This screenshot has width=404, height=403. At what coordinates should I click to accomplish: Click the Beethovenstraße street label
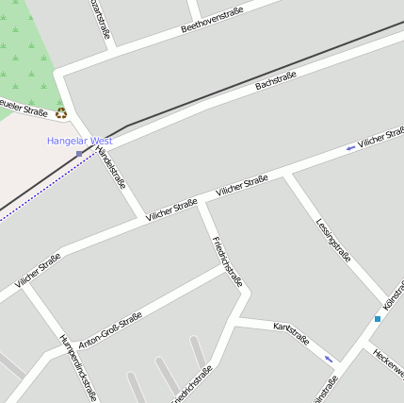212,20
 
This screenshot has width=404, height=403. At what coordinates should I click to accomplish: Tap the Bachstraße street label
276,80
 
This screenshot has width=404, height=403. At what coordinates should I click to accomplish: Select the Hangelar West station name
80,141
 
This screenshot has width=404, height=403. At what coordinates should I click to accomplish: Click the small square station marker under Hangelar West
79,152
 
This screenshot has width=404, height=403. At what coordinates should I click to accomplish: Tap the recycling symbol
61,113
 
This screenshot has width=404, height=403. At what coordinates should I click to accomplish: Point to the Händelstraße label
111,162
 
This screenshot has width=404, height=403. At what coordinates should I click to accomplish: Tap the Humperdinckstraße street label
78,368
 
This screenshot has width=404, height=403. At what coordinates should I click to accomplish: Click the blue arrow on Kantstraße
329,359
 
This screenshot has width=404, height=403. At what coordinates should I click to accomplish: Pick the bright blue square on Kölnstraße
378,319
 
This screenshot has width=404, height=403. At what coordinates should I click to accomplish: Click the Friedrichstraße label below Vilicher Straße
228,260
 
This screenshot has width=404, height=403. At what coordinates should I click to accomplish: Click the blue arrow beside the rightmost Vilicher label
350,147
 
